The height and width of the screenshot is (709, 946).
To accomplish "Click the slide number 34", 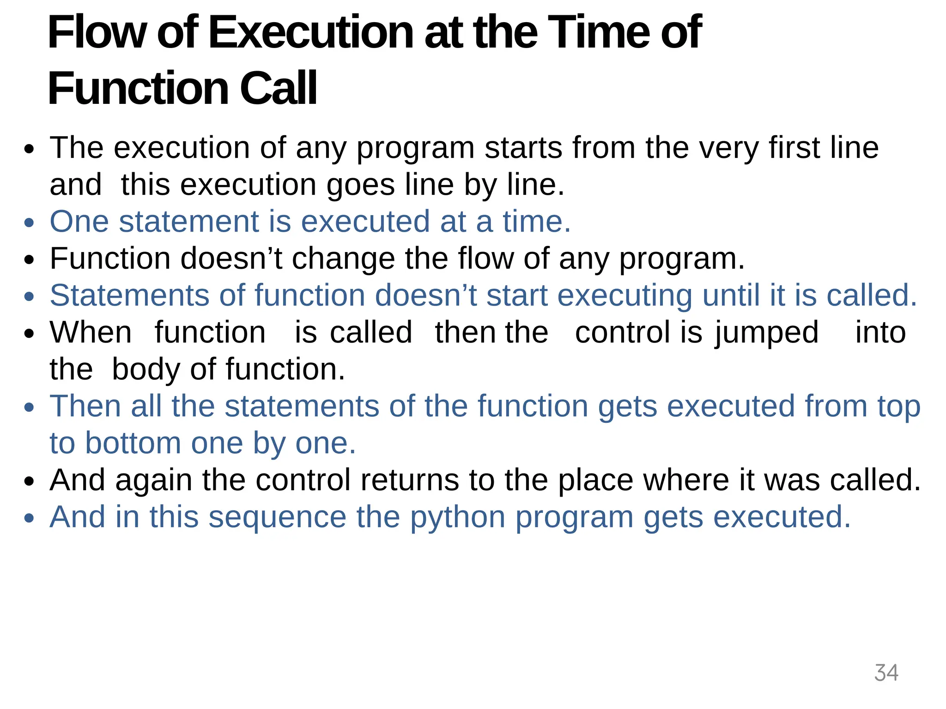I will (x=886, y=673).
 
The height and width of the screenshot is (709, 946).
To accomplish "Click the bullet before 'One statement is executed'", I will (x=30, y=223).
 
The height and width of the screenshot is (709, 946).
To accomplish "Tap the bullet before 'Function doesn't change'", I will (x=30, y=260).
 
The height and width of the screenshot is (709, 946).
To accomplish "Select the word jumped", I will (x=767, y=333).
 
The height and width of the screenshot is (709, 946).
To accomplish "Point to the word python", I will (x=458, y=517).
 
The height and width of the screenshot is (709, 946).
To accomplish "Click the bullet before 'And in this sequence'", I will (x=30, y=518).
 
